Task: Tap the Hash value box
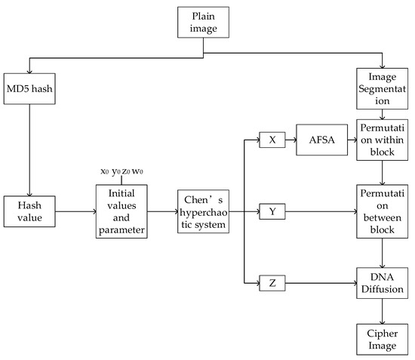tap(28, 212)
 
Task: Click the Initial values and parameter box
tap(121, 212)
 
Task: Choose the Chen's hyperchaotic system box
tap(202, 212)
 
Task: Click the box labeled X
tap(272, 140)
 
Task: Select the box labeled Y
tap(272, 212)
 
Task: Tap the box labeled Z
tap(272, 284)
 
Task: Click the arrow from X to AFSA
tap(292, 140)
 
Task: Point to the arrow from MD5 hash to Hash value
tap(28, 151)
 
